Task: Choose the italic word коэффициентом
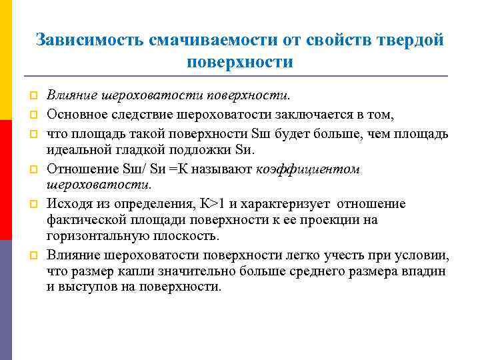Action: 308,169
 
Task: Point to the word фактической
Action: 83,220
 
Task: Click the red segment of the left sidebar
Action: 6,180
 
